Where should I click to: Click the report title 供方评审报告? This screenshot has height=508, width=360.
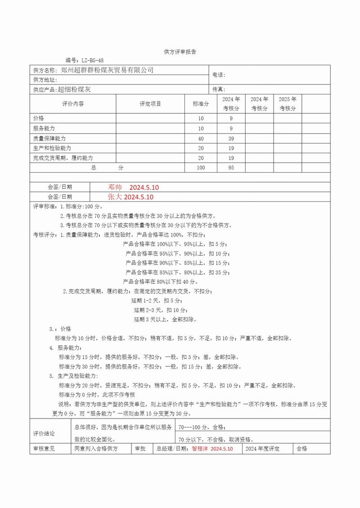tap(180, 52)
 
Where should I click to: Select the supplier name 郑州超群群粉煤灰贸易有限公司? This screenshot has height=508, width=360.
tap(107, 70)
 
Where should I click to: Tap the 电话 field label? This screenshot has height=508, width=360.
tap(218, 75)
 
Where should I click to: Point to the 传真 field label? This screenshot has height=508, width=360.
tap(218, 89)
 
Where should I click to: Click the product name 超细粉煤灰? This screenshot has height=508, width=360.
tap(74, 89)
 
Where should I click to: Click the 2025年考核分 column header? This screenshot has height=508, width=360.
tap(288, 104)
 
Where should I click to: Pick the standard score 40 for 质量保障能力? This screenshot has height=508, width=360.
tap(201, 138)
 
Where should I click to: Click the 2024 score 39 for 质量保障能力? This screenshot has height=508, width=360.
tap(231, 138)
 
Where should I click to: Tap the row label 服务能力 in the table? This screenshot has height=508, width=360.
tap(44, 128)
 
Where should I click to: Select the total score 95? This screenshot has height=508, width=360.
tap(231, 168)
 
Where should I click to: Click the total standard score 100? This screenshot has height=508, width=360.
tap(201, 168)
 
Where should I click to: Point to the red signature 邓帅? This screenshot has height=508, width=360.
tap(115, 187)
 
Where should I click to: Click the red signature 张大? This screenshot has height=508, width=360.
tap(115, 197)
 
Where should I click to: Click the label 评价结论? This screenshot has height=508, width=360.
tap(44, 433)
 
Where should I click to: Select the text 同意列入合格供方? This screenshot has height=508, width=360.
tap(96, 449)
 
